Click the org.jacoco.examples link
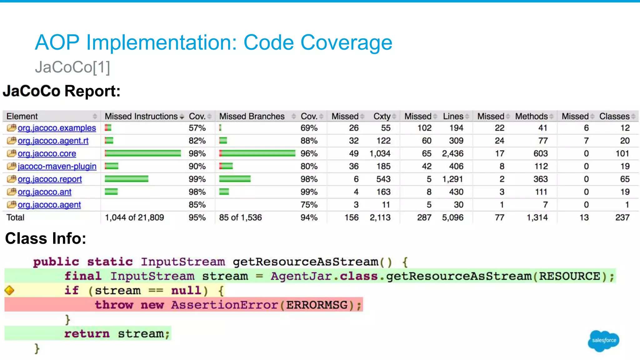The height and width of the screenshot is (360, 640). coord(57,128)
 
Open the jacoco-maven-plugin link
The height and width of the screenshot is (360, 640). coord(57,167)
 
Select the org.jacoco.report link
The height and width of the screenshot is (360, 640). coord(50,179)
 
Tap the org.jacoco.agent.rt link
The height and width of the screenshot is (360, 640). coord(53,141)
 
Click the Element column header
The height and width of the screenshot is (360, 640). coord(22,116)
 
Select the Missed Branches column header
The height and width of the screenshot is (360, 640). coord(252,116)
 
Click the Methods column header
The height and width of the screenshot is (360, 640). coord(531,116)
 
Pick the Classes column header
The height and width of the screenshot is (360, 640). coord(614,116)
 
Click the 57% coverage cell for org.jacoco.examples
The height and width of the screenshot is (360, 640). coord(197,128)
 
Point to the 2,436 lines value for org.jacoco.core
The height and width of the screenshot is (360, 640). coord(452,154)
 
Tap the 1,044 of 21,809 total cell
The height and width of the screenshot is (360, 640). coord(134,217)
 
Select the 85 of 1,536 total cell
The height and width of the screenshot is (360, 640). coord(240,217)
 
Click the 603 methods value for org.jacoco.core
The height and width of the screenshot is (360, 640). coord(540,154)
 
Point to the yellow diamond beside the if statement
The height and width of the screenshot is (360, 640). coord(9,290)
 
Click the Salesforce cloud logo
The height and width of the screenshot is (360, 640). coord(603,340)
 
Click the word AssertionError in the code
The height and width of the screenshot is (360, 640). coord(224,305)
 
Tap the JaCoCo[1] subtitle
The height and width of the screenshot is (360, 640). coord(72,67)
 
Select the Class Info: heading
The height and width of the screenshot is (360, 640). coord(46,238)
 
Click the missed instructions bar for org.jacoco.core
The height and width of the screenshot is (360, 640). coord(143,153)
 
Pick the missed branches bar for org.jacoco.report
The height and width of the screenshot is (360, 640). coord(235,179)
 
